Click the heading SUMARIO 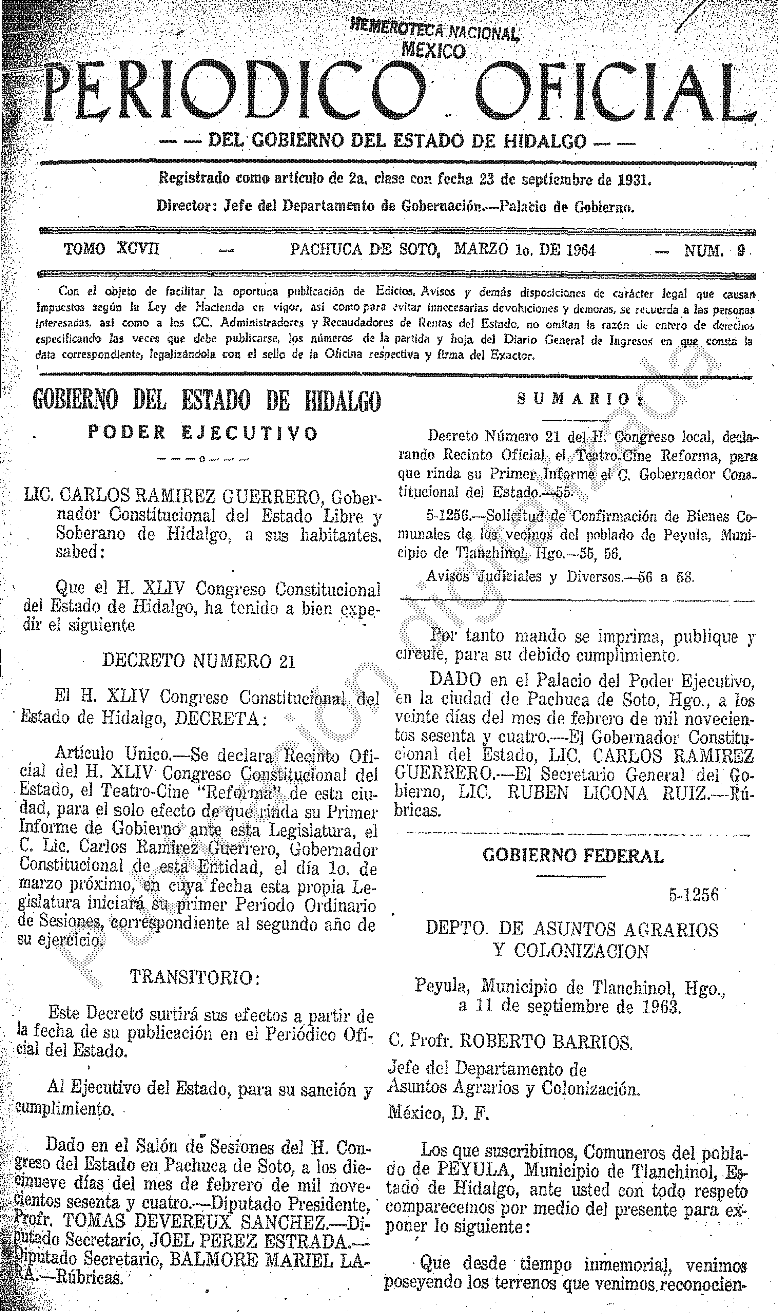580,400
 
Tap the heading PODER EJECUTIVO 203,434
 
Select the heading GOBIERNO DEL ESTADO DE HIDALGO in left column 207,401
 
